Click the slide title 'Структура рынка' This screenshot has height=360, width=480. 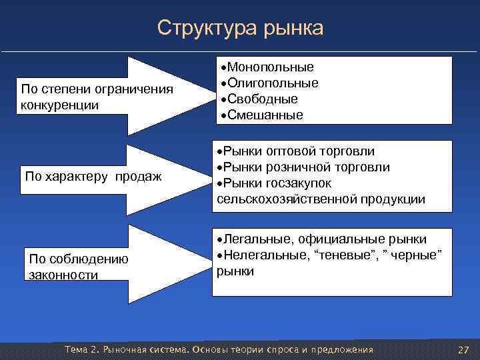240,28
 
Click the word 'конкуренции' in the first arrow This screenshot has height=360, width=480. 59,105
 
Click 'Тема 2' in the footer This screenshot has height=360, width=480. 81,350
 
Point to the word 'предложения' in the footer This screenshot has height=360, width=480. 341,350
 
